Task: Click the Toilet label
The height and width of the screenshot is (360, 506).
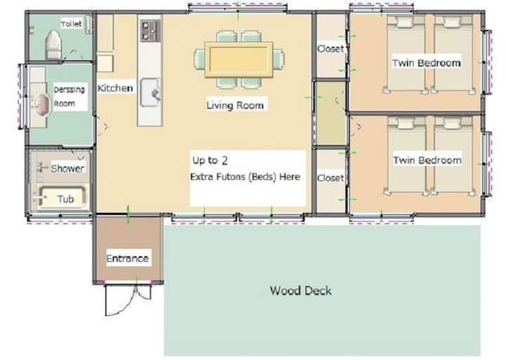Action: (71, 24)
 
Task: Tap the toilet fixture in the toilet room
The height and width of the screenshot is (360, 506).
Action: (53, 44)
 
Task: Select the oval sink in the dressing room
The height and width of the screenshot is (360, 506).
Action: (42, 105)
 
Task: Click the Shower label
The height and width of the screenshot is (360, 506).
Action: (67, 168)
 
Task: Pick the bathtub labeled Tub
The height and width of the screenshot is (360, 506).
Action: (61, 197)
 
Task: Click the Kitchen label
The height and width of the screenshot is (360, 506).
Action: (115, 88)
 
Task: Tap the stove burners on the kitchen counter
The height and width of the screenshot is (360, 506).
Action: (150, 31)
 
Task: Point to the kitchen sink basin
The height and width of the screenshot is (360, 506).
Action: (150, 92)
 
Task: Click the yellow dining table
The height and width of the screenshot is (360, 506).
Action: (239, 60)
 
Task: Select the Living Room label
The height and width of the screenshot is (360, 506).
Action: (235, 105)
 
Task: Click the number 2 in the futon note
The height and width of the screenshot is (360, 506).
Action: (225, 160)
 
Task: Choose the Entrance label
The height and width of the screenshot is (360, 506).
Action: (127, 258)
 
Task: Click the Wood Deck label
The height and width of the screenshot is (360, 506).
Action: (301, 290)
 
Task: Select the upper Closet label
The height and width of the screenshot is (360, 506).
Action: (330, 49)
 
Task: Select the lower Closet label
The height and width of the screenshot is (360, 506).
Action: (330, 178)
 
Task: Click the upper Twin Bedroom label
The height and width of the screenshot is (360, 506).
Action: (427, 63)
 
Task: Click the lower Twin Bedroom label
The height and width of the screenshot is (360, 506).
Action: (427, 160)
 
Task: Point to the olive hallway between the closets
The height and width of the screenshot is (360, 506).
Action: (330, 113)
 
